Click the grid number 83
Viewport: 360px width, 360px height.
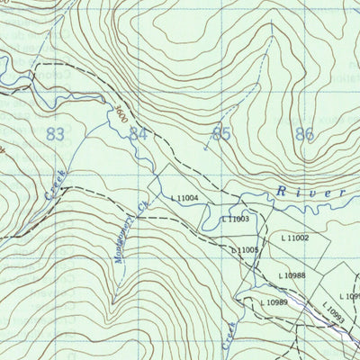[56, 134]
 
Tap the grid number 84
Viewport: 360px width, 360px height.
[138, 134]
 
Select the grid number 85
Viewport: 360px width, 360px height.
[220, 134]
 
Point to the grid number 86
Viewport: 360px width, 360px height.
[304, 135]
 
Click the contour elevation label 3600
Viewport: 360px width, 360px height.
[121, 115]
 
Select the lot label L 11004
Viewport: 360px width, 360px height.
[184, 198]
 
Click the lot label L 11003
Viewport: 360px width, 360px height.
[235, 219]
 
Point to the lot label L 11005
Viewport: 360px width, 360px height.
[245, 249]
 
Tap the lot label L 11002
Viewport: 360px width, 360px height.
[294, 238]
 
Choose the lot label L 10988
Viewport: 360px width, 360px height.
[292, 275]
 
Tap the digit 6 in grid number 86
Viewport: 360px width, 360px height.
[310, 135]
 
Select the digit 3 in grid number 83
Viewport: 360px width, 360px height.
[61, 134]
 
